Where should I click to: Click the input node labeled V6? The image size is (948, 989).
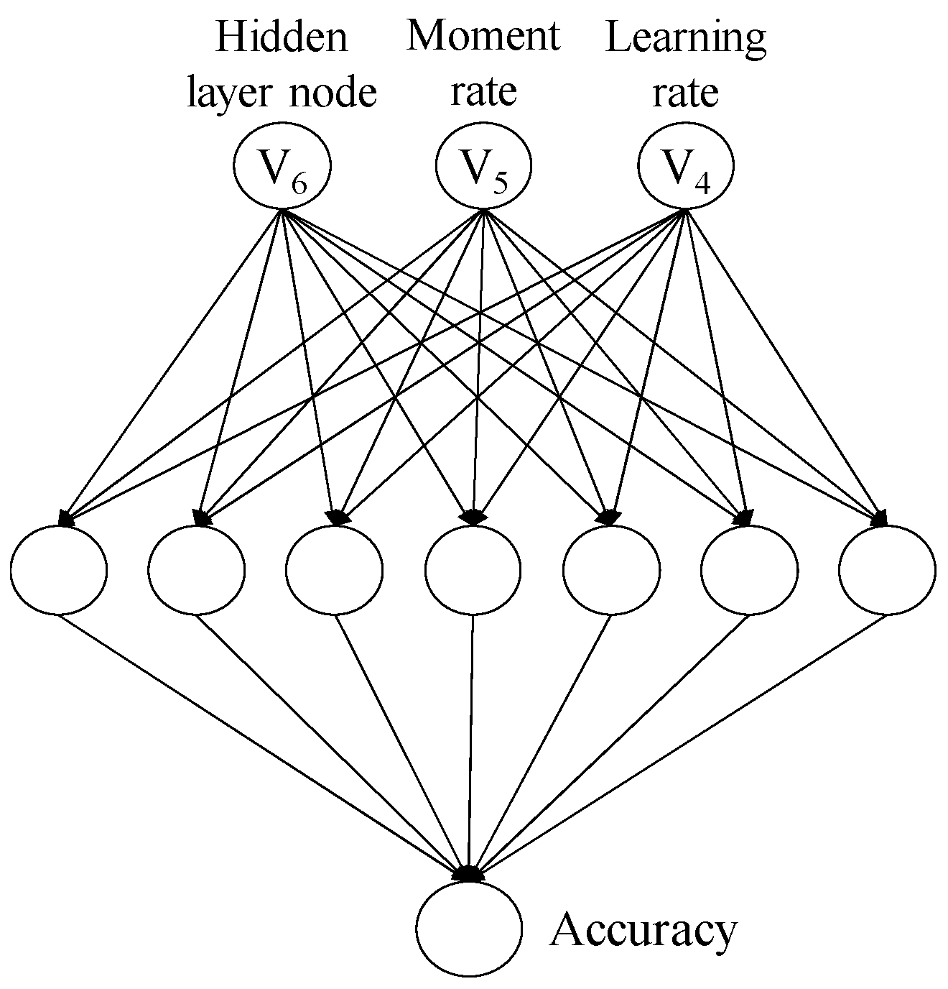tap(282, 167)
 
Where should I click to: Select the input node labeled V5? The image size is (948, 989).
tap(483, 167)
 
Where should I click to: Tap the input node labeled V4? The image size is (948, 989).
tap(686, 167)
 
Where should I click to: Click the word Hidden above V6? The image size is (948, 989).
tap(282, 37)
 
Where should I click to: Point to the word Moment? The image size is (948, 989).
tap(483, 36)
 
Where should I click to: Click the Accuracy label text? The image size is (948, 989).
tap(643, 931)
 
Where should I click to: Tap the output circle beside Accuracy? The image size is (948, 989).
tap(470, 927)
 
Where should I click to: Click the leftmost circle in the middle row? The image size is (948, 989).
tap(59, 569)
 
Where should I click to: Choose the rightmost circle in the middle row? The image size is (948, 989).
tap(887, 569)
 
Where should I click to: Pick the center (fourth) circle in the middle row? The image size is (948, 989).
tap(473, 569)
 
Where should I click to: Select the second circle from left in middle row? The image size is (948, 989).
tap(197, 569)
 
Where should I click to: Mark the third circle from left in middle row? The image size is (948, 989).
tap(335, 569)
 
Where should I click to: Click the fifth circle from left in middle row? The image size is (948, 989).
tap(611, 569)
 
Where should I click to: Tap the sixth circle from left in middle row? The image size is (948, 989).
tap(749, 569)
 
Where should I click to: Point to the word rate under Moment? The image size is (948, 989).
tap(483, 92)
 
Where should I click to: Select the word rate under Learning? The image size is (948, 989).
tap(685, 93)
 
